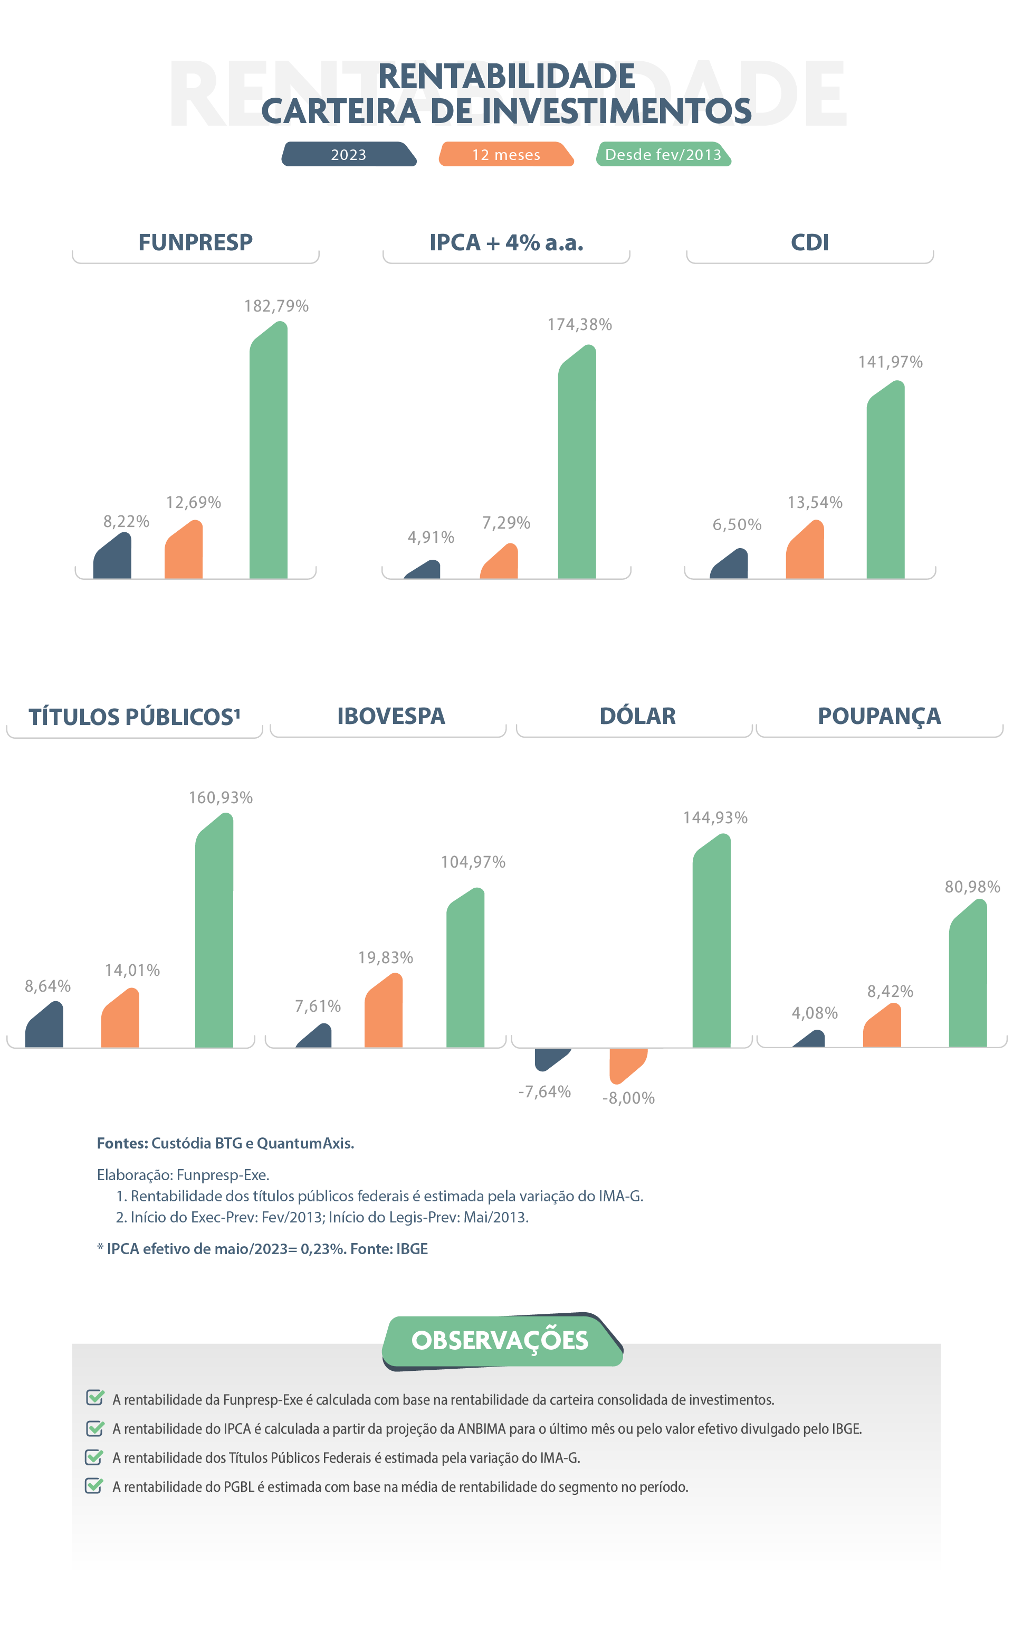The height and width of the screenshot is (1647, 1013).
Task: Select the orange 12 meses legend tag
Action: click(x=506, y=154)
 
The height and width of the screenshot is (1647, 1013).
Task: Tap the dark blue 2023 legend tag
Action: click(x=348, y=154)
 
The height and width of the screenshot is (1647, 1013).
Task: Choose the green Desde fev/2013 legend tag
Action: click(x=663, y=154)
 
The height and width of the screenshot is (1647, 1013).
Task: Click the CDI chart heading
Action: click(x=809, y=243)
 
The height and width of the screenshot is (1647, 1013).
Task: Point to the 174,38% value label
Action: click(x=579, y=325)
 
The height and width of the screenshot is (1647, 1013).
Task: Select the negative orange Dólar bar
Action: click(x=627, y=1063)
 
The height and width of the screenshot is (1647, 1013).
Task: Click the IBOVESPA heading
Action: click(x=390, y=716)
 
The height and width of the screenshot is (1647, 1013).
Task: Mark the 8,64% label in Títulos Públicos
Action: click(x=47, y=986)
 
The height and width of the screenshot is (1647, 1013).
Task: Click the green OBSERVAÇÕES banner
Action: click(x=501, y=1341)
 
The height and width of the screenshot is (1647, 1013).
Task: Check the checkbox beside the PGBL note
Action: click(x=94, y=1486)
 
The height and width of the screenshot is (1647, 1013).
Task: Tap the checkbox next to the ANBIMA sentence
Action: click(x=94, y=1428)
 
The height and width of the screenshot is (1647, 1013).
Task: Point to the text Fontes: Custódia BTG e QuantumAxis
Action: click(x=225, y=1143)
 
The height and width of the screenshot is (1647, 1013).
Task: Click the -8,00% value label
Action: click(x=628, y=1098)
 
